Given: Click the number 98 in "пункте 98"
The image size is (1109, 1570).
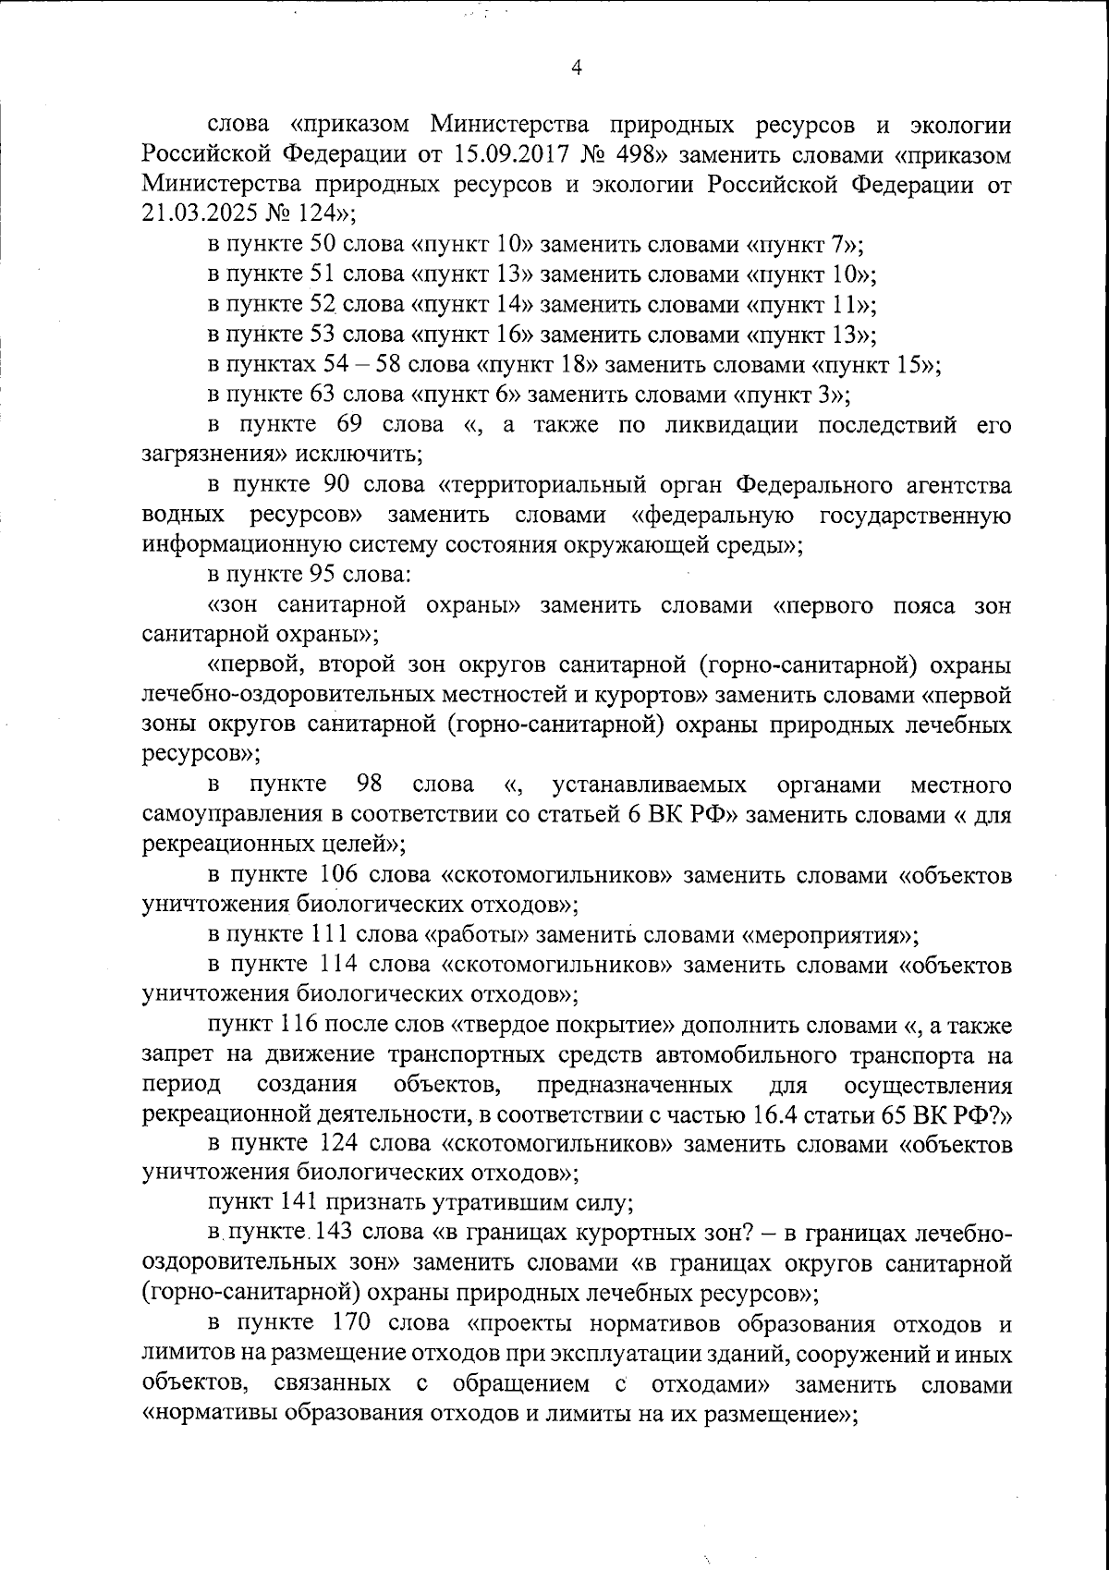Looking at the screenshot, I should (x=369, y=785).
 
